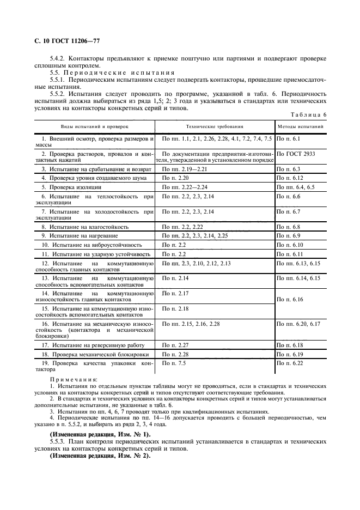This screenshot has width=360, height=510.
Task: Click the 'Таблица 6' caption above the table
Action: coord(308,115)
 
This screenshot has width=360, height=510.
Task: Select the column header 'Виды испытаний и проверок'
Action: coord(94,126)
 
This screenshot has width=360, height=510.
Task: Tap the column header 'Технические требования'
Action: coord(215,126)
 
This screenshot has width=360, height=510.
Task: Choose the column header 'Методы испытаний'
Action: coord(301,126)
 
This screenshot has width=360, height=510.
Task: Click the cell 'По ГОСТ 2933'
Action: coord(296,154)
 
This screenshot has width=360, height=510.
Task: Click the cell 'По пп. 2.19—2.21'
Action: coord(182,169)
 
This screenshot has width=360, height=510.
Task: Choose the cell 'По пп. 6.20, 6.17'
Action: coord(298,324)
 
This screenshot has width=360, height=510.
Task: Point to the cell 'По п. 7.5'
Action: coord(174,363)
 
